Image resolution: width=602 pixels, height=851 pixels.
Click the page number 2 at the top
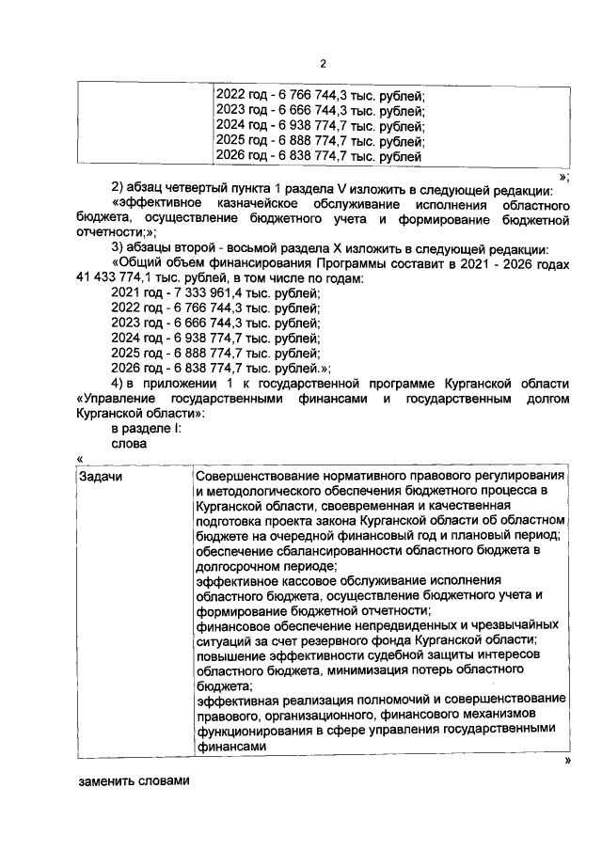point(323,64)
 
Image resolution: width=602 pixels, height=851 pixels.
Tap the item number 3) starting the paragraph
point(119,248)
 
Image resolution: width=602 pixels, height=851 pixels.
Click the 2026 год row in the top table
point(319,154)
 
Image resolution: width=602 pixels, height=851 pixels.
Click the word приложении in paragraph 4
point(171,384)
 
